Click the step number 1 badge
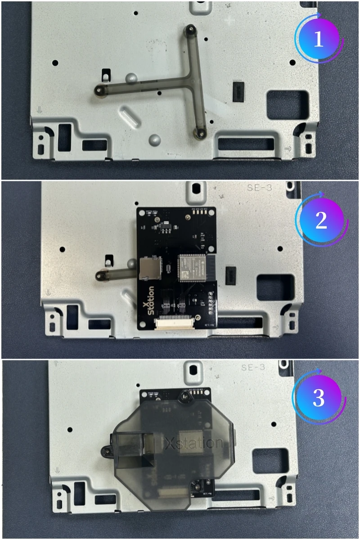click(319, 40)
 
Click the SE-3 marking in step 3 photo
click(254, 367)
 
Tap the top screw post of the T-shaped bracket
click(191, 30)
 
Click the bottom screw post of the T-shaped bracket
click(198, 133)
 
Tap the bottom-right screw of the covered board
click(197, 486)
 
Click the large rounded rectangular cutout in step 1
click(288, 104)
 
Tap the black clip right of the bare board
click(230, 274)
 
